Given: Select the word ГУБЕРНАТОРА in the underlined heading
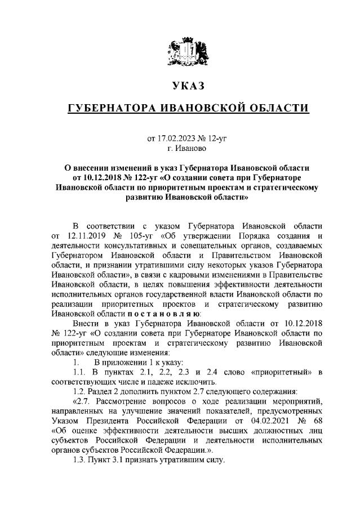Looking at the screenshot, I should tap(116, 108).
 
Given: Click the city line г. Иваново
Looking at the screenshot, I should tap(180, 148).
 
